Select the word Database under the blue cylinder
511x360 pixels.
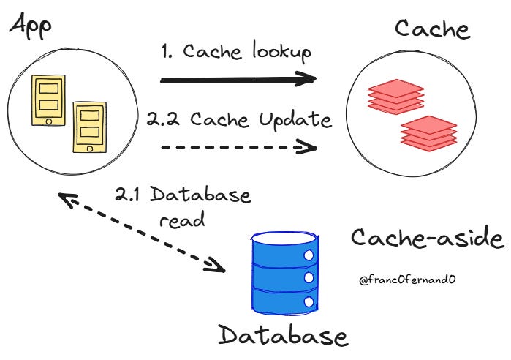(283, 336)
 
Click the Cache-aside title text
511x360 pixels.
(427, 239)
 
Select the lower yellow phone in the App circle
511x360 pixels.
(88, 129)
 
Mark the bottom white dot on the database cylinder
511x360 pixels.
(308, 301)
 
